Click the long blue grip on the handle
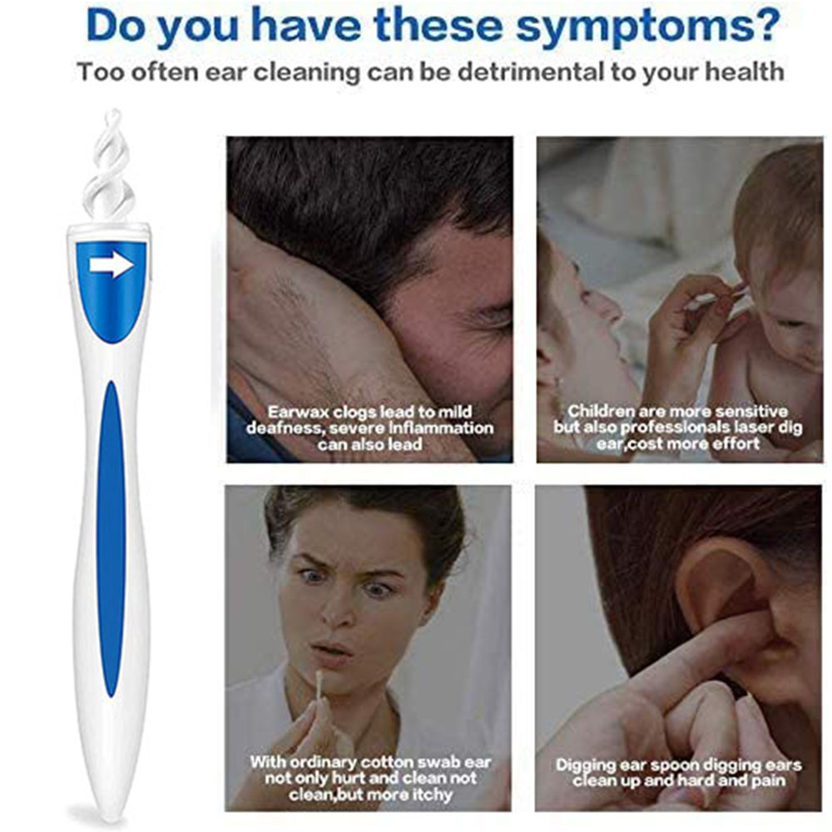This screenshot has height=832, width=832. click(111, 538)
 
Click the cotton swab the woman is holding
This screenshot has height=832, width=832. click(321, 688)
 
